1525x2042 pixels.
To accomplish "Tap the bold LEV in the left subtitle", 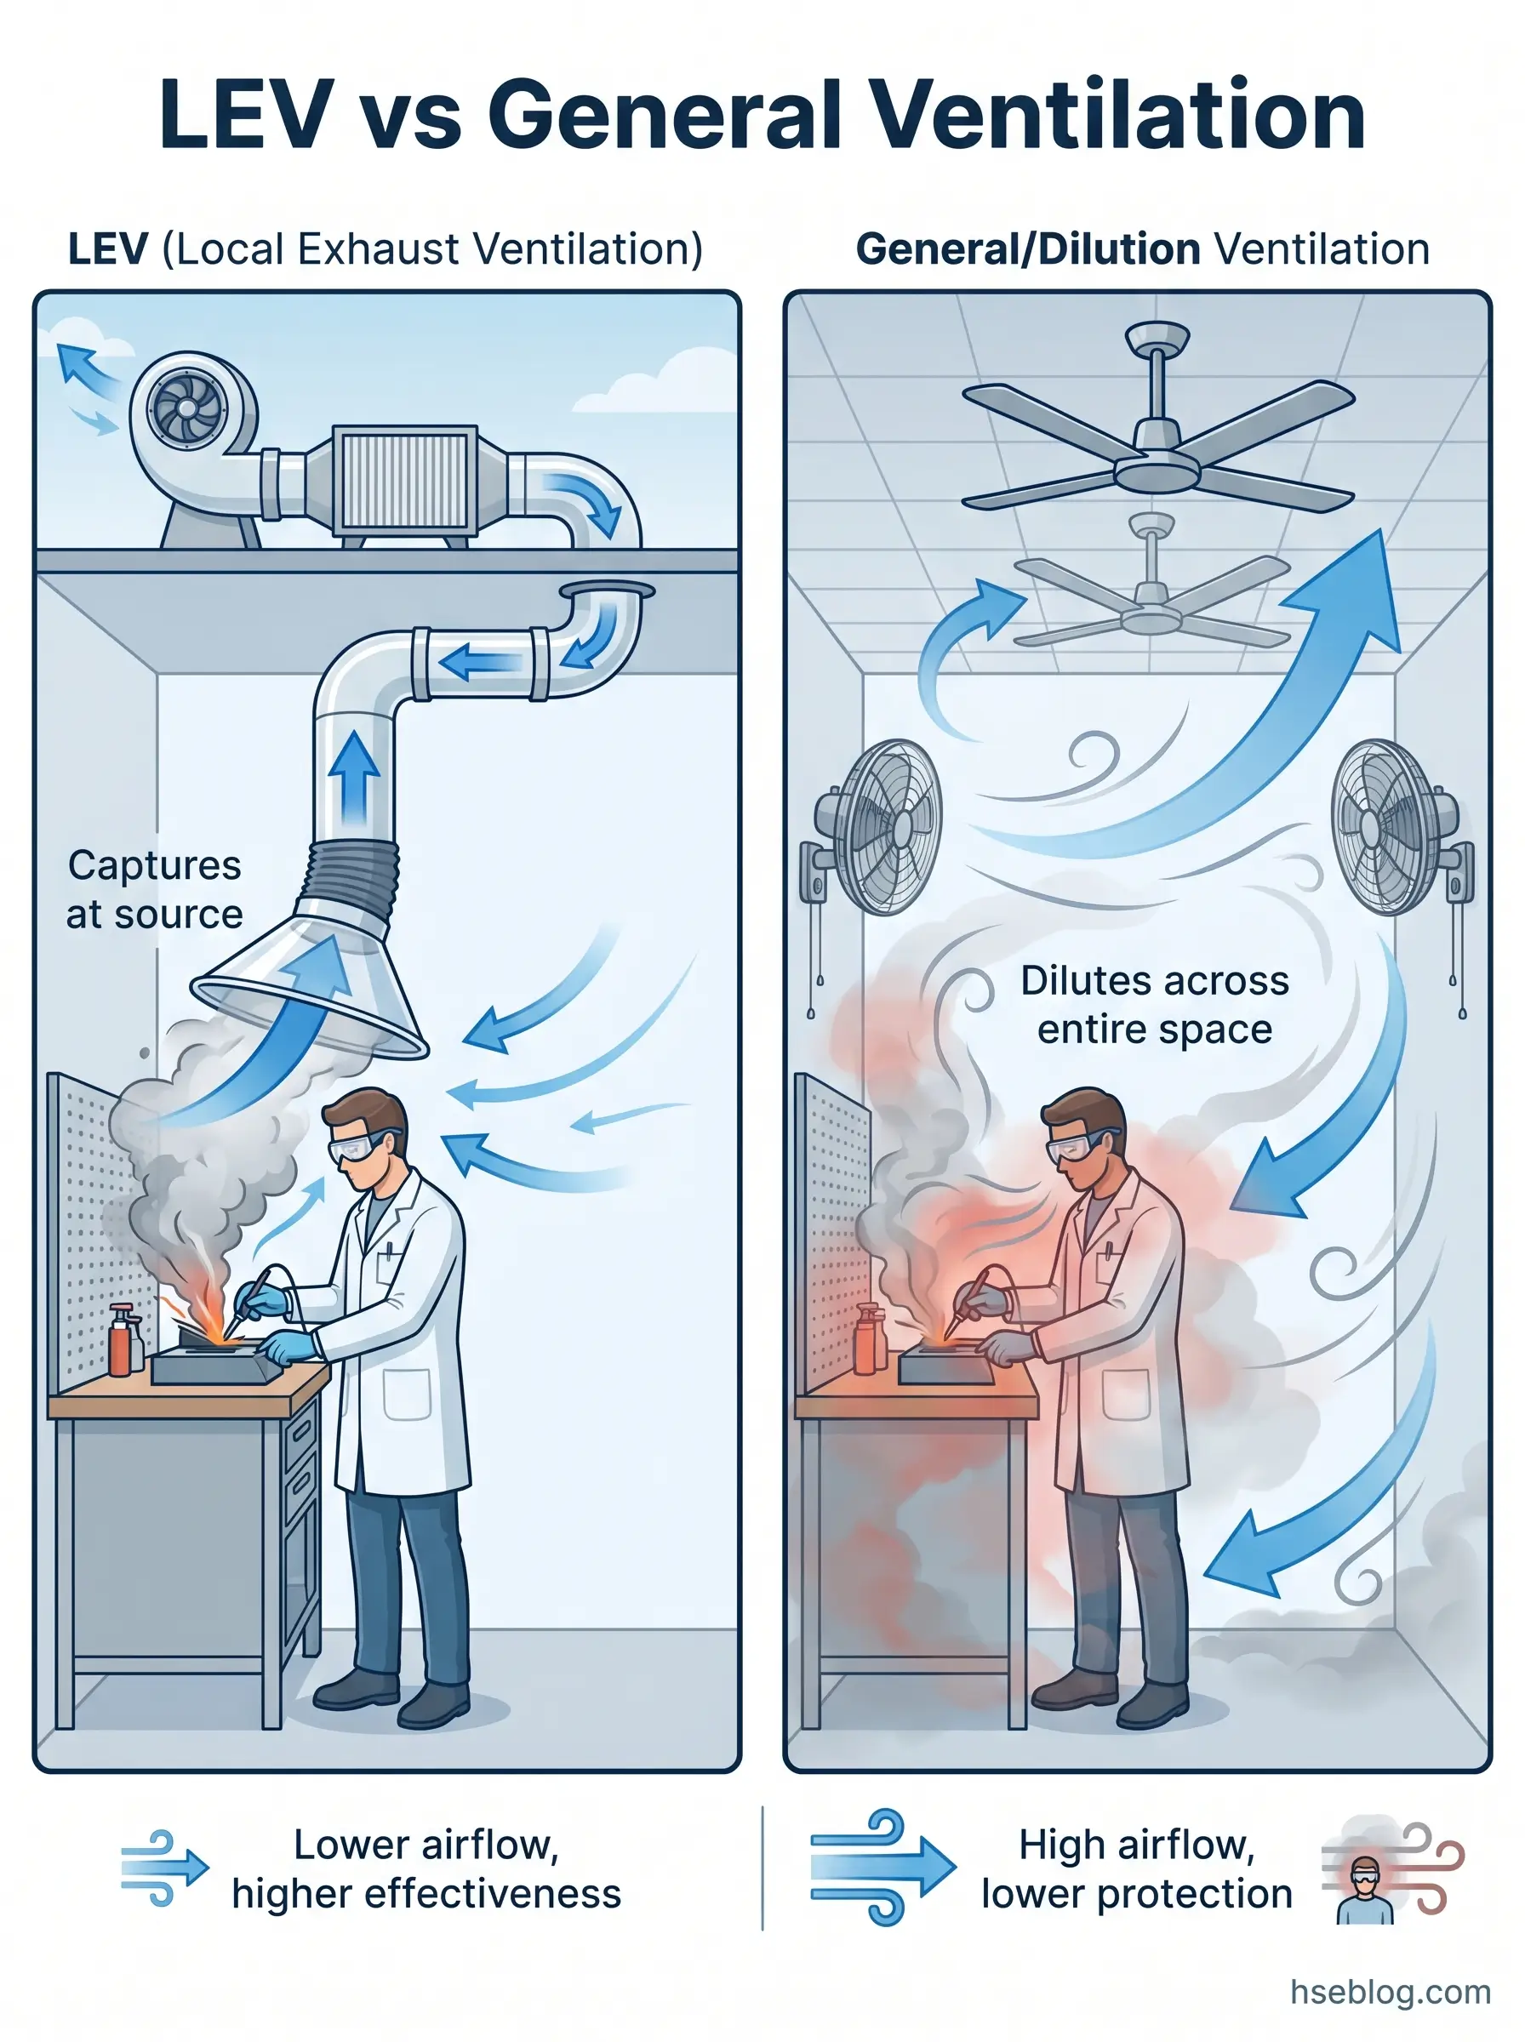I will pos(108,249).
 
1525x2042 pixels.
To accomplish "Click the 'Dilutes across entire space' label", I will pos(1154,1004).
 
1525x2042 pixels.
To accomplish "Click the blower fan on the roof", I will pos(188,408).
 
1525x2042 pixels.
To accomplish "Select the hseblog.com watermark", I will pos(1391,1991).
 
